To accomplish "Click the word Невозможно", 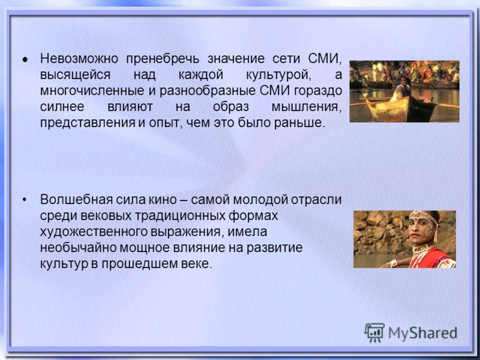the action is [x=79, y=58].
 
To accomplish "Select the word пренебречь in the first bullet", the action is [x=163, y=59].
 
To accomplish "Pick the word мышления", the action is [x=307, y=107].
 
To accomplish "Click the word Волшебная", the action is [x=76, y=200].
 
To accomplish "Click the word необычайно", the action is [x=78, y=248].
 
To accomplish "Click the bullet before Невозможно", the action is [x=25, y=59].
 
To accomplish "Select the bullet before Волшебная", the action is [x=25, y=200].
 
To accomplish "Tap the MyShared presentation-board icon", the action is [x=374, y=332].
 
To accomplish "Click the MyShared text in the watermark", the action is [x=422, y=333].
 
